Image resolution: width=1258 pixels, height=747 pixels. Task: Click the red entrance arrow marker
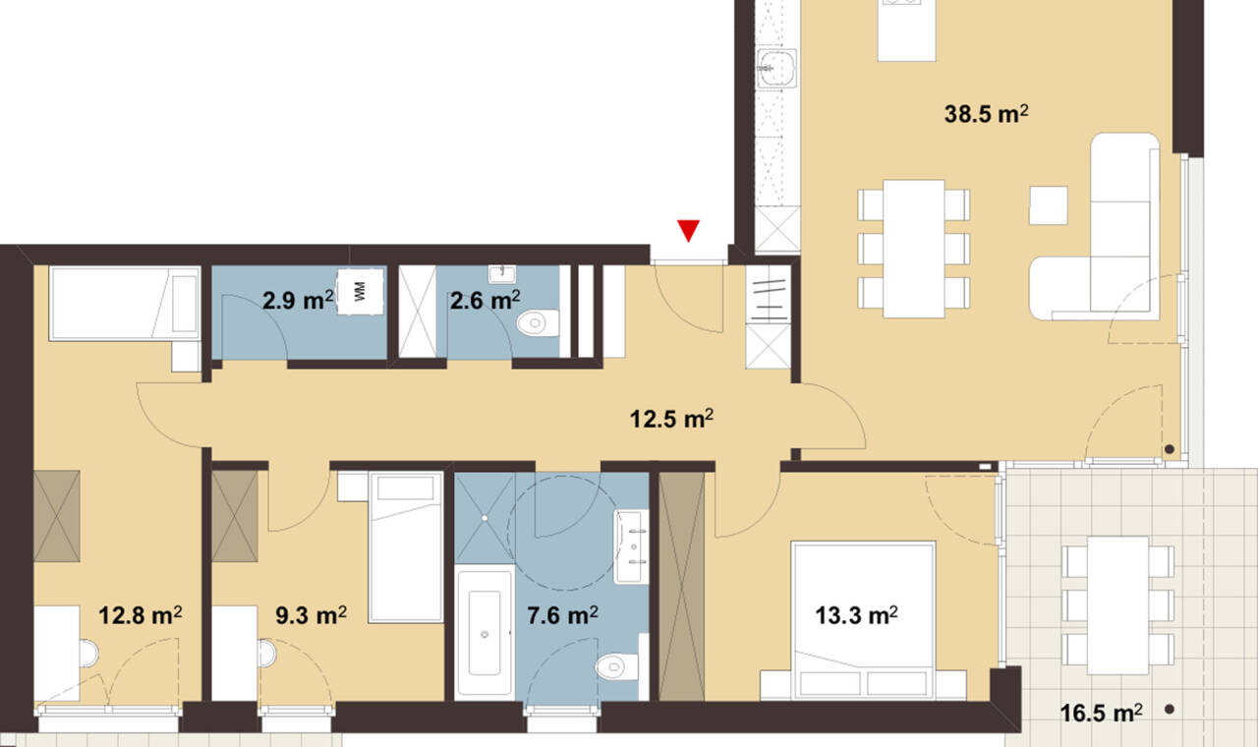coord(688,230)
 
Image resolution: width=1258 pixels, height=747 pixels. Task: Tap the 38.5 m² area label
coord(986,114)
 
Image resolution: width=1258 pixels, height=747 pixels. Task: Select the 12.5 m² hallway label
coord(671,419)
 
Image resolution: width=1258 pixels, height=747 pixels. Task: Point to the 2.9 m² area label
coord(298,301)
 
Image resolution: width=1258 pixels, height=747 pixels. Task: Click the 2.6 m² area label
coord(485,301)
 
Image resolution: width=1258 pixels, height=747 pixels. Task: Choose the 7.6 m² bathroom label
coord(562,615)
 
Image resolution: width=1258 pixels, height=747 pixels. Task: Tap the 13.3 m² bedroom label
coord(856,615)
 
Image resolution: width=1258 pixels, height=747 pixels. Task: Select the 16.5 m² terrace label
coord(1101,714)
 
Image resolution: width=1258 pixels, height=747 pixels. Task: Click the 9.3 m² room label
coord(311,615)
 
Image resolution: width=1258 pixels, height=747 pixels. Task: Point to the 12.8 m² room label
coord(141,615)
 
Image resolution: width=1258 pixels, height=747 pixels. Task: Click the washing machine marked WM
coord(361,292)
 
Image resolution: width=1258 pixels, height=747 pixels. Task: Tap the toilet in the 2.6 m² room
coord(538,323)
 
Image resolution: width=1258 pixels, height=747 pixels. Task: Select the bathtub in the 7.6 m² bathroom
coord(485,632)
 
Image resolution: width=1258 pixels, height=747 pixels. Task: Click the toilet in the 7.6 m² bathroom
coord(616,666)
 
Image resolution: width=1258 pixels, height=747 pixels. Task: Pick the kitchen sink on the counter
coord(777,68)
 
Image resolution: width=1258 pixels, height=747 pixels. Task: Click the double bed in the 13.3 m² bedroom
coord(863,620)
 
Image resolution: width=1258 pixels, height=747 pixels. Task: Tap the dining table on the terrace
coord(1117,605)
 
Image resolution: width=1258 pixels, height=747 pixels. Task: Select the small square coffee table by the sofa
coord(1049,205)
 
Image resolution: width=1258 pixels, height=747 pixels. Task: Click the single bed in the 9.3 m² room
coord(406,547)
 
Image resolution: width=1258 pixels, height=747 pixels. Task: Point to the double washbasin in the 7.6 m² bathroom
coord(632,546)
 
